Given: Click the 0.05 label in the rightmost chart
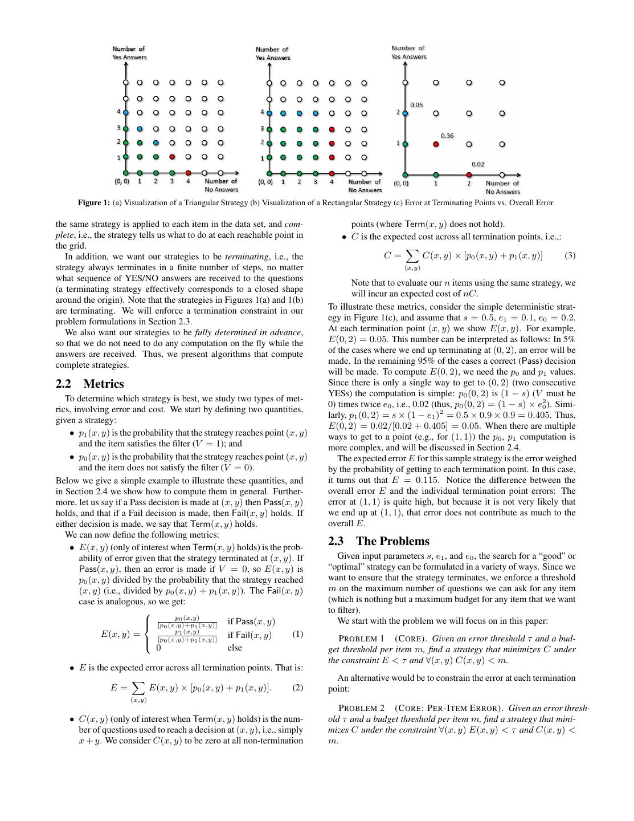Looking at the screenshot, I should click(x=416, y=105).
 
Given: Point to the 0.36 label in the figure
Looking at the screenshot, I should click(x=447, y=136).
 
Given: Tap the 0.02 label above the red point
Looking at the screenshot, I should click(x=478, y=164).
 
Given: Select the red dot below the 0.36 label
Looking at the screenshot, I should click(x=436, y=144).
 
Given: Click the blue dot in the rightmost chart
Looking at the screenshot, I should click(x=405, y=113).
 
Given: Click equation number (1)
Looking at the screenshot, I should click(x=297, y=634).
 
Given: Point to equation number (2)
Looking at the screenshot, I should click(x=297, y=688).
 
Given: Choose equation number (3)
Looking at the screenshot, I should click(x=570, y=255).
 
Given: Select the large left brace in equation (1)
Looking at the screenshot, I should click(x=149, y=634).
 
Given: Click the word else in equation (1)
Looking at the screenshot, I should click(x=235, y=648).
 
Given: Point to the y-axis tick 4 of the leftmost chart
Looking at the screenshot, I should click(x=119, y=112).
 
